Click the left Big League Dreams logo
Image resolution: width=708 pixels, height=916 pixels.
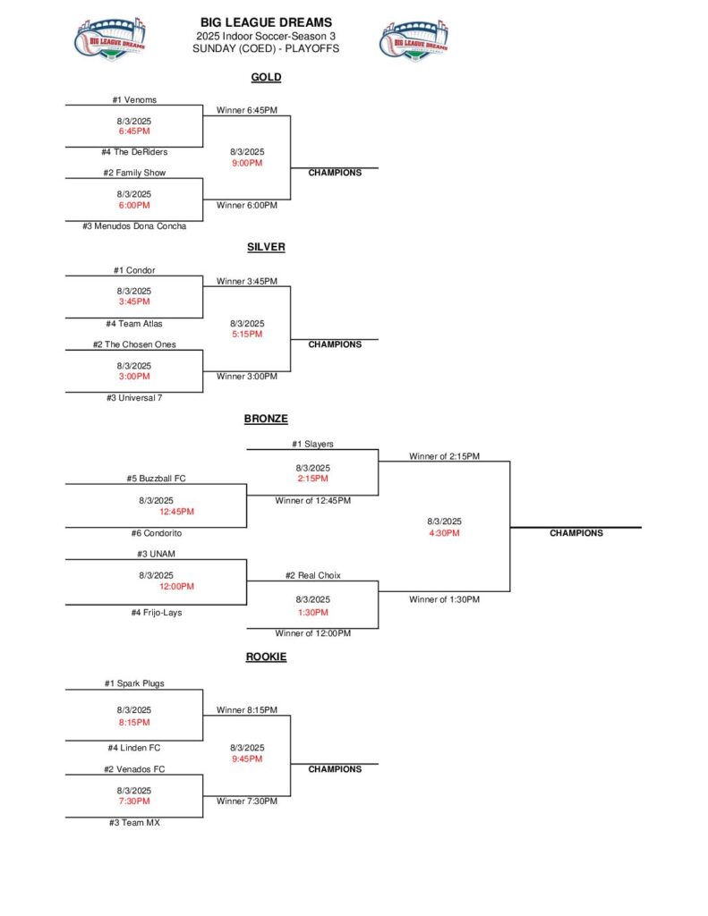click(x=110, y=39)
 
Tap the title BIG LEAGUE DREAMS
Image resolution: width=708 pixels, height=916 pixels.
click(x=265, y=22)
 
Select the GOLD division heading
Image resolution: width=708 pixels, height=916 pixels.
click(x=266, y=77)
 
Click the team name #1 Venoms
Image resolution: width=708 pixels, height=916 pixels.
click(x=134, y=100)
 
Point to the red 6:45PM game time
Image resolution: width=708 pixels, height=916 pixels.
click(x=133, y=131)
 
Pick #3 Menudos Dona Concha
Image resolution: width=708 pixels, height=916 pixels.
click(x=134, y=226)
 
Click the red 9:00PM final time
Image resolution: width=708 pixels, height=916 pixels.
click(x=246, y=163)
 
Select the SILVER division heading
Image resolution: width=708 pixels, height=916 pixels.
click(x=266, y=247)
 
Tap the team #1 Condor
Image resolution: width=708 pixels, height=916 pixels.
click(x=134, y=270)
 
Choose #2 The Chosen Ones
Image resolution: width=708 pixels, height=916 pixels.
click(x=134, y=344)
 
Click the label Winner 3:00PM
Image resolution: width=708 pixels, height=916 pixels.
click(x=247, y=377)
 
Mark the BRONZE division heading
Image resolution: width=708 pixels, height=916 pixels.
click(x=266, y=419)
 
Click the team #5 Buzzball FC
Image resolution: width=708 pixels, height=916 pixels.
click(x=156, y=479)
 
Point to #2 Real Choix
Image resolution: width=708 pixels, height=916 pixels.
click(x=312, y=575)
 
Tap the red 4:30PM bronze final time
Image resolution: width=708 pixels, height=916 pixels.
click(x=444, y=533)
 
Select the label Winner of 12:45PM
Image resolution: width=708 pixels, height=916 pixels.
click(x=312, y=500)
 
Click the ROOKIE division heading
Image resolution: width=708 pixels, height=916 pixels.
click(x=266, y=657)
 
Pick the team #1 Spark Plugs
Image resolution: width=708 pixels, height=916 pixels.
click(x=134, y=683)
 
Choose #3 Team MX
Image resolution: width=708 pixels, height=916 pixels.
click(x=134, y=822)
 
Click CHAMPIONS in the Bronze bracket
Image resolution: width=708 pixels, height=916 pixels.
click(x=576, y=533)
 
